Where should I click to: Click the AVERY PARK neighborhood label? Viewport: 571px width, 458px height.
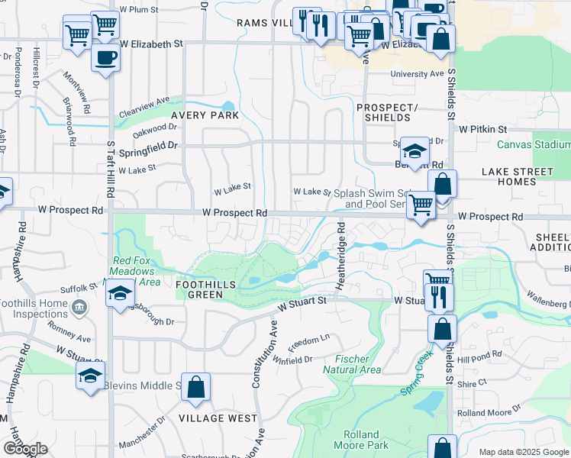[205, 115]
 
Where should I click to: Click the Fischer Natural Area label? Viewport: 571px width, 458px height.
[351, 364]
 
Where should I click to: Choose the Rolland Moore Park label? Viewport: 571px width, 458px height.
[361, 440]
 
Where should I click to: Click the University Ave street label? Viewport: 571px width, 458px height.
[417, 74]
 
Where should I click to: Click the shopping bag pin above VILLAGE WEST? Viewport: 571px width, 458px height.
[196, 386]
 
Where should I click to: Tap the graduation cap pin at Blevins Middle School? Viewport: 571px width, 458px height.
[90, 375]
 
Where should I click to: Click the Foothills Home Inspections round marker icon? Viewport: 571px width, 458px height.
[79, 307]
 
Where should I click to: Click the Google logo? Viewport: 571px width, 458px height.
[24, 449]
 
